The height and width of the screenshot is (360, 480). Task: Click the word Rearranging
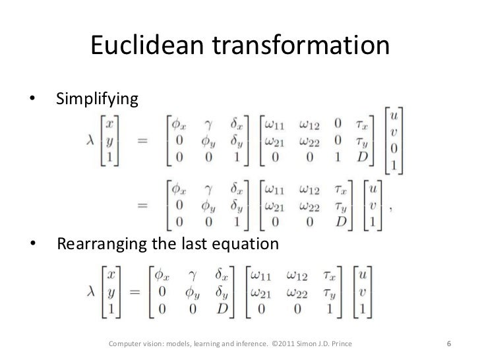[100, 245]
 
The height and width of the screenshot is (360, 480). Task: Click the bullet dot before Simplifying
[31, 100]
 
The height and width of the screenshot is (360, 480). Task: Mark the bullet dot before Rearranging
[31, 245]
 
